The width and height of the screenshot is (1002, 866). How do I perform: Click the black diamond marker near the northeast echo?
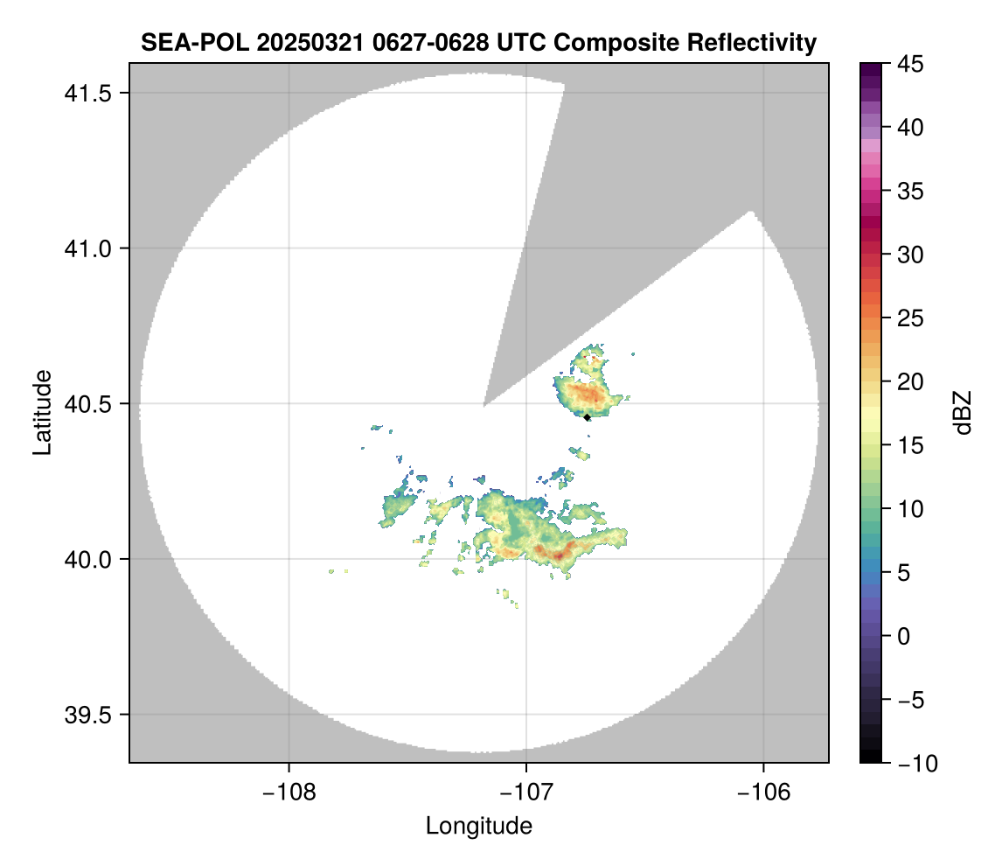(x=587, y=417)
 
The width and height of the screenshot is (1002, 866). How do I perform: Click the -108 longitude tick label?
(x=288, y=791)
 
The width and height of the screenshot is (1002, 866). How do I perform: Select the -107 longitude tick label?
(x=526, y=791)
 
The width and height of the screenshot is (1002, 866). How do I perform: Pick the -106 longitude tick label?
(x=764, y=791)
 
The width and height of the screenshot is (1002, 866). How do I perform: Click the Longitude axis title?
(x=478, y=826)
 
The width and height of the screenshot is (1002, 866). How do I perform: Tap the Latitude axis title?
(x=42, y=412)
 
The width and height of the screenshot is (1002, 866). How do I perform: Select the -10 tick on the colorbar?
(x=914, y=763)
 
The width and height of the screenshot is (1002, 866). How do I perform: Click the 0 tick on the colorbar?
(x=904, y=636)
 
